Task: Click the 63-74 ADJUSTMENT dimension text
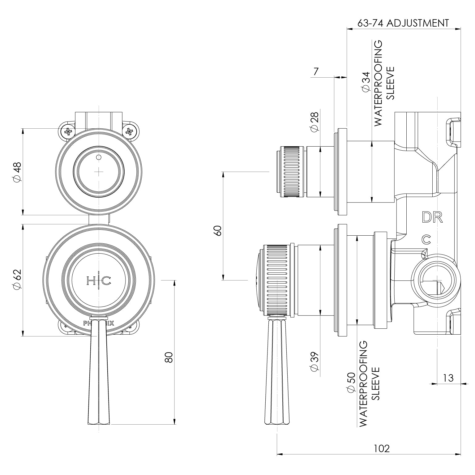403,23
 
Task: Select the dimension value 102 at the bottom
382,448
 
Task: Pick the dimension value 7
315,71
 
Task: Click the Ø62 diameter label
17,279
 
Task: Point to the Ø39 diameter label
315,362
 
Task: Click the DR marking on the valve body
432,217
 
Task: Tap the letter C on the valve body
426,239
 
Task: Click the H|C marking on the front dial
98,281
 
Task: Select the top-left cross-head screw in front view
68,132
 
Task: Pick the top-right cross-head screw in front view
130,132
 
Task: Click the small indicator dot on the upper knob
99,157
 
